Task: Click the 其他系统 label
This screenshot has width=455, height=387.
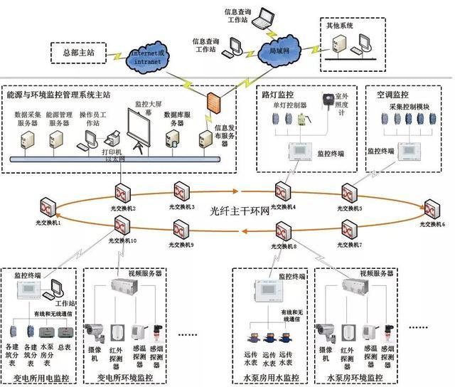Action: pyautogui.click(x=340, y=26)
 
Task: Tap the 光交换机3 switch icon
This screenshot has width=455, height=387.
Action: pyautogui.click(x=181, y=191)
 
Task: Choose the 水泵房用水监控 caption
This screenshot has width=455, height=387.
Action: pyautogui.click(x=271, y=377)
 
